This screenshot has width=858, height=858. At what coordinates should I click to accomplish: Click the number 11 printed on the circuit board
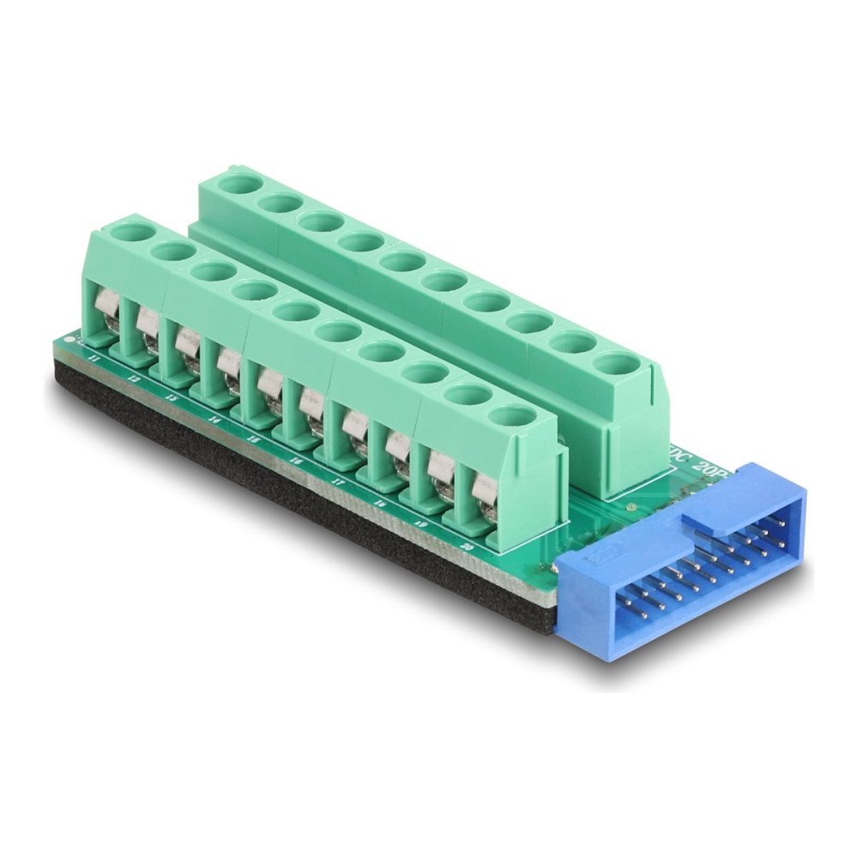click(94, 355)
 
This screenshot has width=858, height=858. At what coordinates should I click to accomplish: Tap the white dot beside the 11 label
click(69, 341)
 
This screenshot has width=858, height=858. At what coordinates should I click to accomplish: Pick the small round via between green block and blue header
click(632, 509)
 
